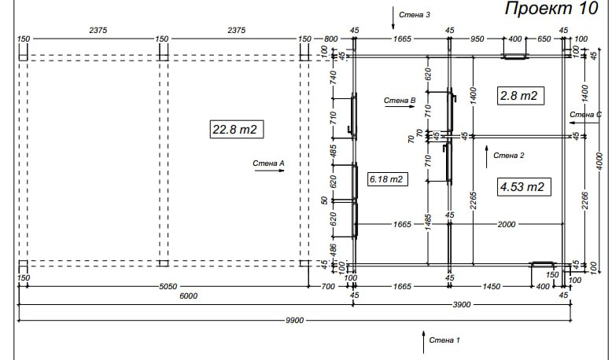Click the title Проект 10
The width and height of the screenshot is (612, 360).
(x=551, y=9)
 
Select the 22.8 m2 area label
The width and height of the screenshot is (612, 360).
(x=237, y=129)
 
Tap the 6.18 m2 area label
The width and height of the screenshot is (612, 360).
(x=388, y=179)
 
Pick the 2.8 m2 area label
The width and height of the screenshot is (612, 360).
(x=521, y=96)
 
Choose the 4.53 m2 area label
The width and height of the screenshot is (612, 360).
(x=524, y=187)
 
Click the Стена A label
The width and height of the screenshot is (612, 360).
(x=268, y=163)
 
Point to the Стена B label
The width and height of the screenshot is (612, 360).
(x=400, y=101)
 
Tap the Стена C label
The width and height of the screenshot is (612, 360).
(x=585, y=115)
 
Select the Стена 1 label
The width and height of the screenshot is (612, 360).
(x=444, y=340)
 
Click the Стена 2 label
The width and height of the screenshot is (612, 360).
(x=509, y=156)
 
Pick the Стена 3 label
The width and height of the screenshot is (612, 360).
(x=415, y=15)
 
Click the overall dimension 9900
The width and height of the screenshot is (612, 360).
(x=295, y=320)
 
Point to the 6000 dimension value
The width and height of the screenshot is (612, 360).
(x=189, y=296)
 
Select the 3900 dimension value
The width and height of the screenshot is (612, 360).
(x=461, y=305)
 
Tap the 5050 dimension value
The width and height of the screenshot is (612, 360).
(x=168, y=287)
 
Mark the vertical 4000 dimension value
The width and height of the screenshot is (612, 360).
(x=600, y=161)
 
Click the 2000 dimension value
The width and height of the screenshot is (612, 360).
(x=507, y=224)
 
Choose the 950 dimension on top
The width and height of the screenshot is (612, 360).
(x=477, y=39)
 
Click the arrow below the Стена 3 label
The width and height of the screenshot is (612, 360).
(x=393, y=18)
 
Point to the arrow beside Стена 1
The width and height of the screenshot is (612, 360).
(x=423, y=343)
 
